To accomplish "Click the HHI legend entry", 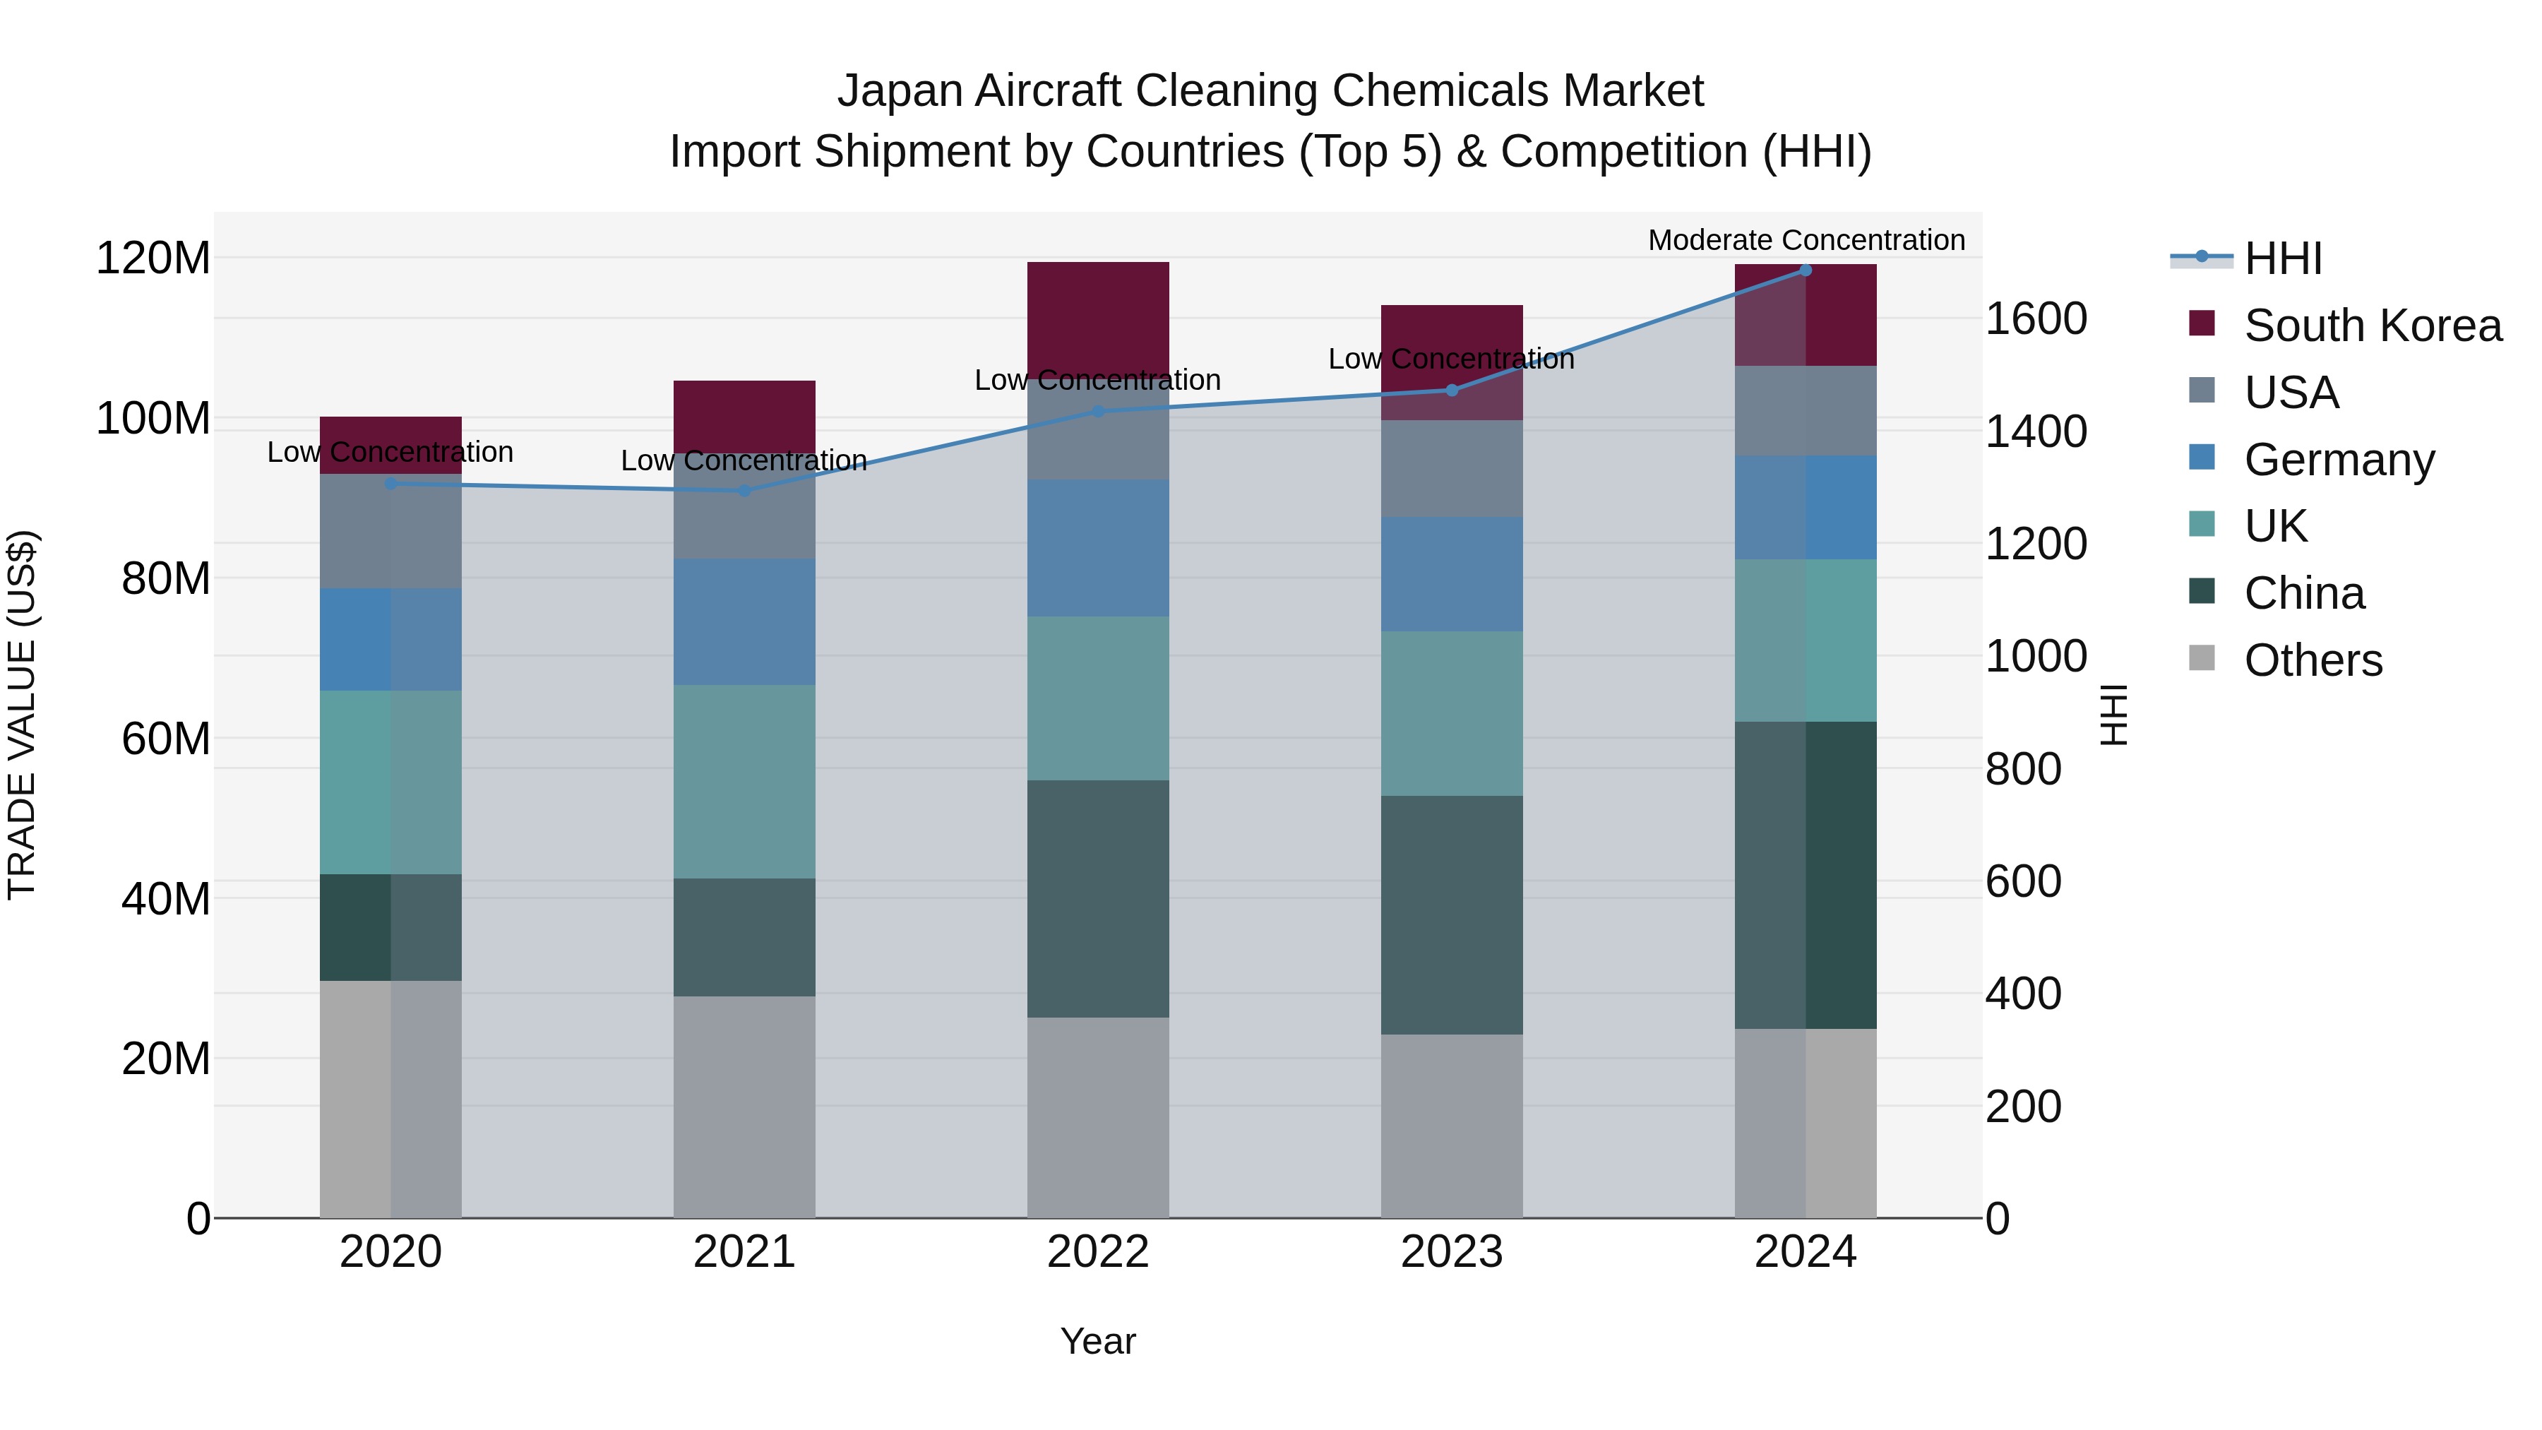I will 2281,258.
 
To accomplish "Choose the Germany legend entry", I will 2339,460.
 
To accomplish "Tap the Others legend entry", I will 2312,660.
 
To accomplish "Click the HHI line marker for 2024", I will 1805,270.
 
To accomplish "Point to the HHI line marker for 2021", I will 744,491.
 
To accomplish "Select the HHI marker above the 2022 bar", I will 1097,412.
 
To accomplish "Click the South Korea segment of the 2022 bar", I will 1097,316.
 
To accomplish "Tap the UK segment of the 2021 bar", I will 744,782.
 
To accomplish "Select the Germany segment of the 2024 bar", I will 1805,507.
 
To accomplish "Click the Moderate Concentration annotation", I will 1806,240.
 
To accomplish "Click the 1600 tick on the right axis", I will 2035,318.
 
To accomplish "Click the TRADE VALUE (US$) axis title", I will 22,715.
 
